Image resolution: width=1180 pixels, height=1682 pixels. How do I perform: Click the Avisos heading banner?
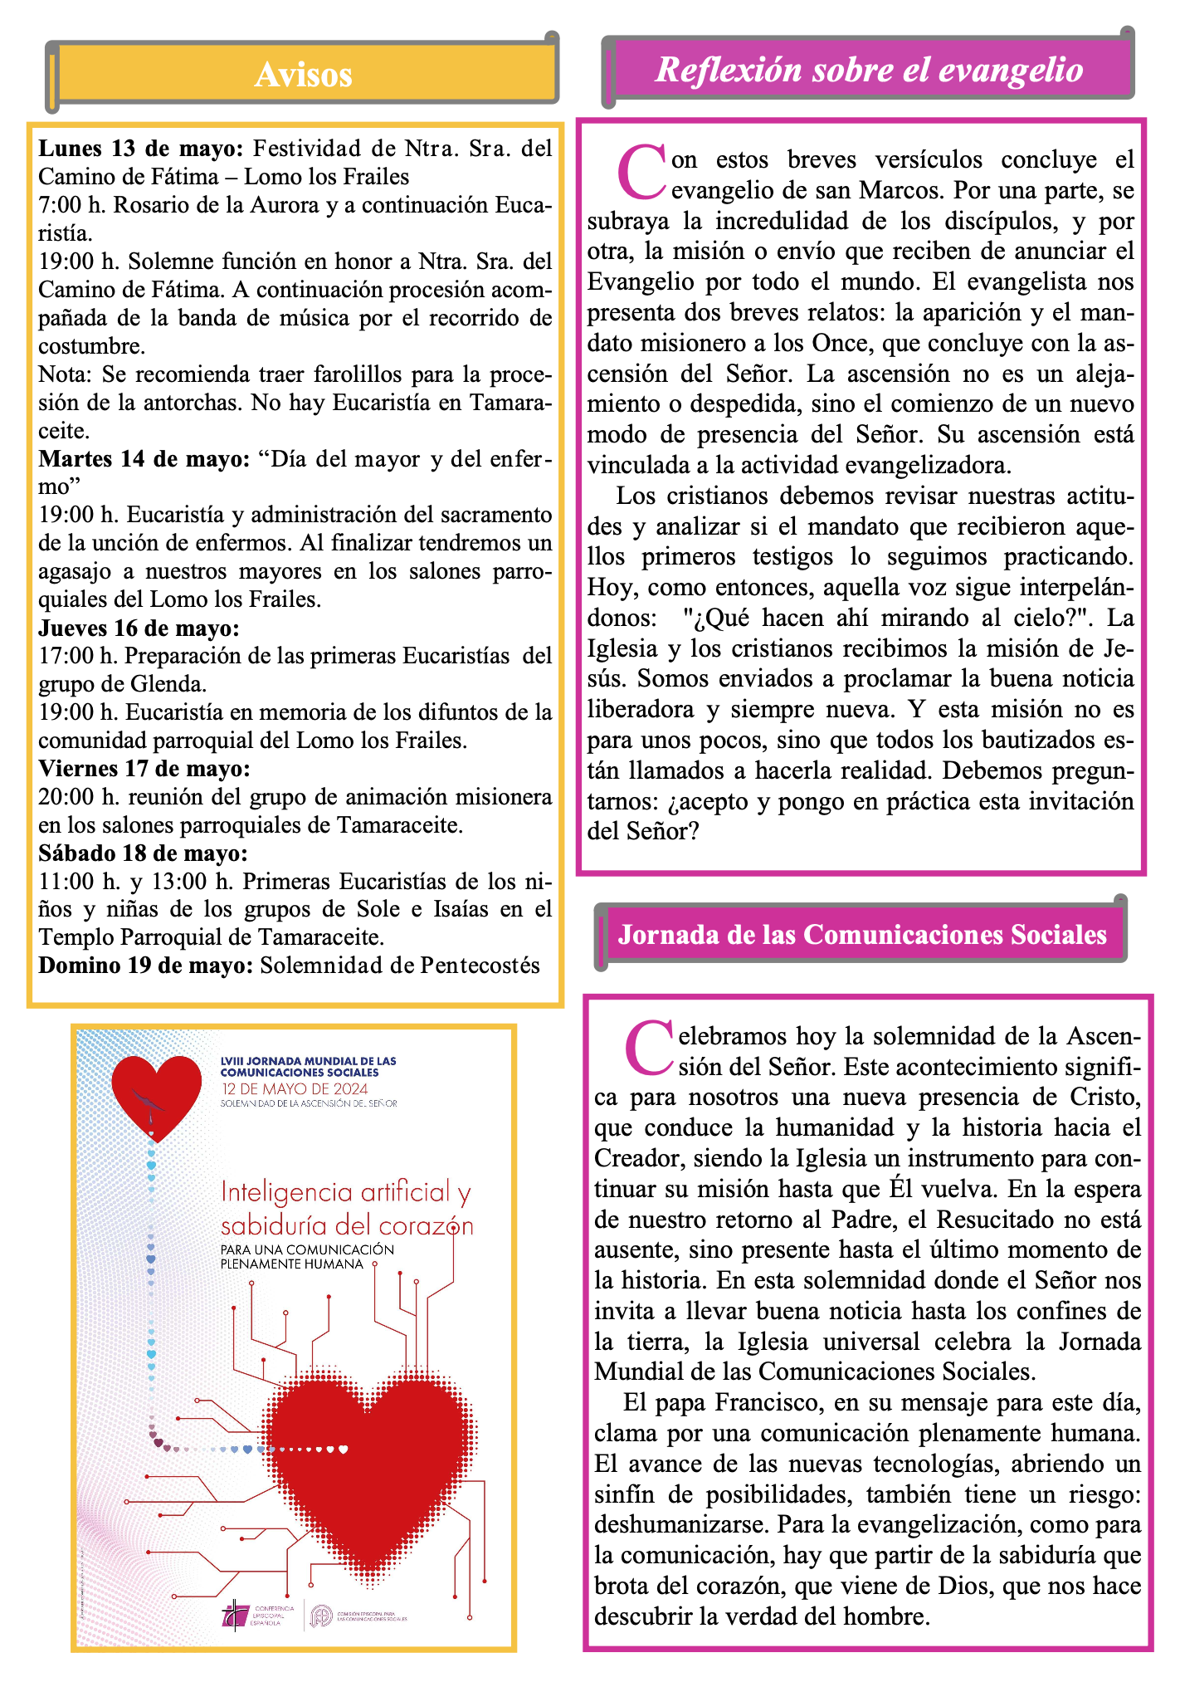pos(303,75)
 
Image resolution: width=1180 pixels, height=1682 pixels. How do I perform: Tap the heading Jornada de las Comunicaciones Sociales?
pos(862,935)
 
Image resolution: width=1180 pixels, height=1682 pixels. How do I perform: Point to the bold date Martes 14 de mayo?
pos(144,459)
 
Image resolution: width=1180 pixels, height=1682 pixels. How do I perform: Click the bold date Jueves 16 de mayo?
pos(139,628)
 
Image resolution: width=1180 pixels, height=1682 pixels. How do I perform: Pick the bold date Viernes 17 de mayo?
pos(144,769)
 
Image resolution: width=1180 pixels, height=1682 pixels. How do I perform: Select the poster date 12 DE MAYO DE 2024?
pos(295,1089)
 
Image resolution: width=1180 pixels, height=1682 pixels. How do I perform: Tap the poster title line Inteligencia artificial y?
pos(346,1193)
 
